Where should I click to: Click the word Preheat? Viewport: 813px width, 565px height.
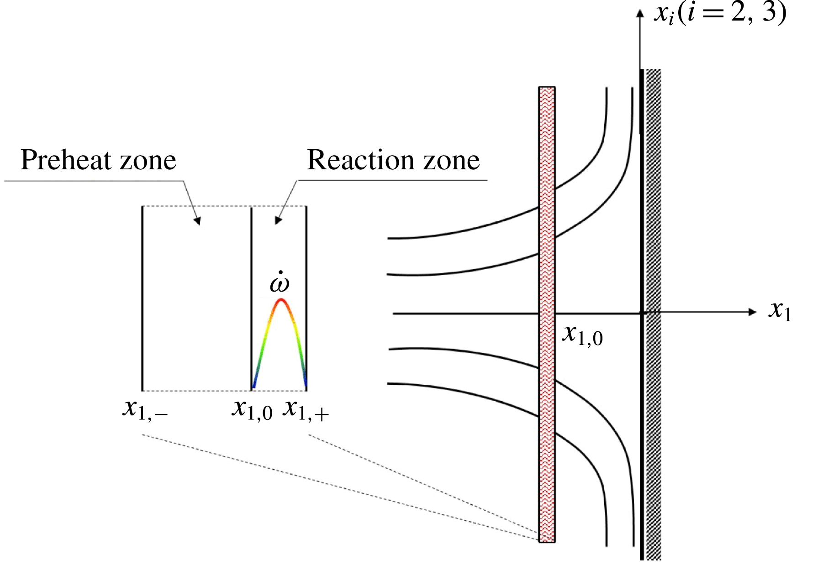point(60,160)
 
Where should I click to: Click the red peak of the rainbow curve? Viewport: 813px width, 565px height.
point(281,300)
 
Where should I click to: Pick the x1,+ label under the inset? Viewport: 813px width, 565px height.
point(305,409)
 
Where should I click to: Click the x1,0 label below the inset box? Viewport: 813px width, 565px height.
point(252,409)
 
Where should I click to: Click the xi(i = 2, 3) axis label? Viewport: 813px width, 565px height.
point(720,13)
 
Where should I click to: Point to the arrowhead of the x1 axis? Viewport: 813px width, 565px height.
point(752,312)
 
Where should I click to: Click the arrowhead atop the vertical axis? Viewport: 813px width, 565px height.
point(640,14)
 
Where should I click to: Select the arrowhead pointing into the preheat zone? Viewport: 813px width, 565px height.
point(197,221)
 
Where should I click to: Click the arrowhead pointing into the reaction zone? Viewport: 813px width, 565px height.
point(278,220)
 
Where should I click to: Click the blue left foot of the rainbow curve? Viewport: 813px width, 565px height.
point(254,385)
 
